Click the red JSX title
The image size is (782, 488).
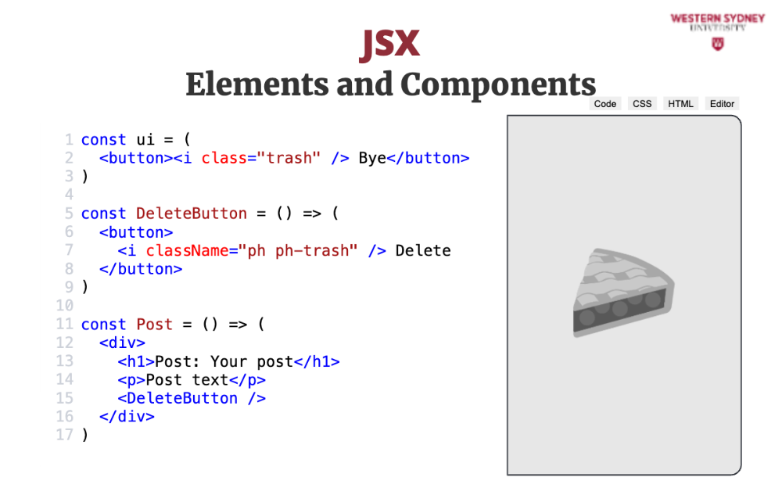[x=389, y=44]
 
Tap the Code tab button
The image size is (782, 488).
[x=605, y=104]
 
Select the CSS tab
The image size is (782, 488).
[x=642, y=104]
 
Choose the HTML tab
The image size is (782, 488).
[x=681, y=104]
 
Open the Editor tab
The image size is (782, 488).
[x=722, y=104]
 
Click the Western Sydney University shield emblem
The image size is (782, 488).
[x=718, y=45]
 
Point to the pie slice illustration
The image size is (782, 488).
[x=623, y=292]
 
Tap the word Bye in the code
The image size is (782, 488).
[x=372, y=158]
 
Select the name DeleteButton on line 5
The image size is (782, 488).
[x=192, y=213]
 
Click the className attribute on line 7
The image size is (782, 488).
[x=187, y=250]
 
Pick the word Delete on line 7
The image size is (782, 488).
[x=423, y=250]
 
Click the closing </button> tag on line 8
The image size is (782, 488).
[x=141, y=269]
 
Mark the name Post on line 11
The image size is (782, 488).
[x=155, y=325]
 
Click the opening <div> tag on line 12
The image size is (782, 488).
[x=122, y=343]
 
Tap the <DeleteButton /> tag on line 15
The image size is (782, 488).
[x=192, y=398]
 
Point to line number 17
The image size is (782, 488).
[x=65, y=435]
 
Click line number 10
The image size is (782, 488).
[x=65, y=305]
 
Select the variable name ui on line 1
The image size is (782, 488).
[x=145, y=140]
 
